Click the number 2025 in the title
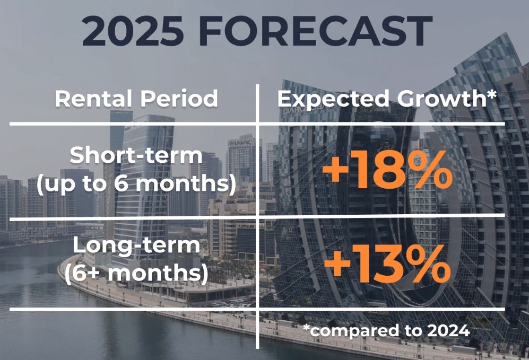[133, 30]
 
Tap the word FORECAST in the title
[316, 30]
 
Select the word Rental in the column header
[93, 99]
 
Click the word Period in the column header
[179, 99]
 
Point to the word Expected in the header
[333, 99]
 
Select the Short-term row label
[136, 155]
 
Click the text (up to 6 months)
[136, 184]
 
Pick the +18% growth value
[387, 171]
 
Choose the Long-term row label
[136, 245]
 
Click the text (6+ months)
[136, 274]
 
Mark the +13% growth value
[387, 264]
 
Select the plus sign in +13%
[338, 265]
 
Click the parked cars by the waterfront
[233, 302]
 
